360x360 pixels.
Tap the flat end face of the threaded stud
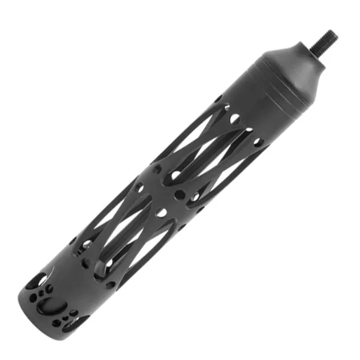(x=333, y=36)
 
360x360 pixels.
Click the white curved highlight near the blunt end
(x=51, y=271)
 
